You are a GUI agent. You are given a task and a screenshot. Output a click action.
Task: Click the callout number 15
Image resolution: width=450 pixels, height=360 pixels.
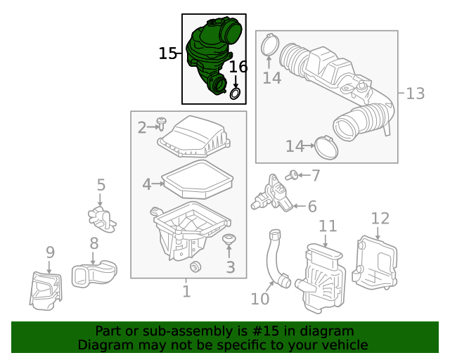point(167,53)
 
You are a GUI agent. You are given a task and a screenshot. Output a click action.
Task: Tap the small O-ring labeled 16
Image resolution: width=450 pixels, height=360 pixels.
point(236,93)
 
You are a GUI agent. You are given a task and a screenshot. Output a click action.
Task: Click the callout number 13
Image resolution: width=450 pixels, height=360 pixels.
point(415,93)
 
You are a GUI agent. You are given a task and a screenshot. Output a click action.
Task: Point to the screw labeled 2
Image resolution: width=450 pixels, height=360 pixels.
point(162,125)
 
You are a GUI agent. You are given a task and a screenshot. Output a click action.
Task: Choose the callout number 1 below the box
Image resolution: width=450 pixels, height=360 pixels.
point(186,290)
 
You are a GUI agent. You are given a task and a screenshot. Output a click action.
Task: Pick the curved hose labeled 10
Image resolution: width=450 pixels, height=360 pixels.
point(274,260)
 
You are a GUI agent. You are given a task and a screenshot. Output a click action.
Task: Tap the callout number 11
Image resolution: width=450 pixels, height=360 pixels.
point(328,226)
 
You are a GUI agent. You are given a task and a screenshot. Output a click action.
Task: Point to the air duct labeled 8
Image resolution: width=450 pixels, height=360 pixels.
point(94,271)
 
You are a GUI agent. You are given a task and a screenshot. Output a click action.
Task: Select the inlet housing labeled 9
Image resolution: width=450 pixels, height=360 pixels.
point(46,288)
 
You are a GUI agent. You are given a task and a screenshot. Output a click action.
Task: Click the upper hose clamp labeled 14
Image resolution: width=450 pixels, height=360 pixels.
point(268,46)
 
